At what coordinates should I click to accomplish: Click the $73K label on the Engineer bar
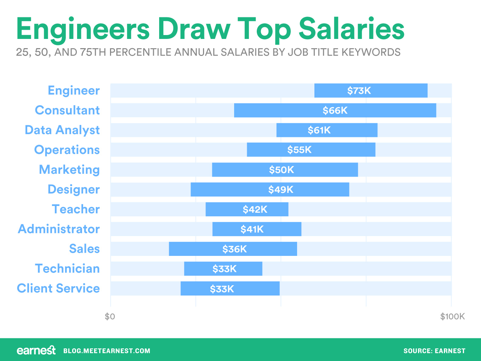click(x=359, y=91)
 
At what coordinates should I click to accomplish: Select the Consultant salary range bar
click(x=335, y=110)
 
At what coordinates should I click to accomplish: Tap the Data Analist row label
click(x=62, y=130)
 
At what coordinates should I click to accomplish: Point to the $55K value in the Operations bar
click(x=299, y=150)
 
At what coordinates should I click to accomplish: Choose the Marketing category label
click(x=69, y=170)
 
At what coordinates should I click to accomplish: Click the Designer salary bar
click(x=270, y=190)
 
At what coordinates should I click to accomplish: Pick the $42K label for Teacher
click(x=255, y=210)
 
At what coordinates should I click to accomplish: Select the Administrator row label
click(x=59, y=229)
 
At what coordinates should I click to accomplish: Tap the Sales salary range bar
click(x=233, y=249)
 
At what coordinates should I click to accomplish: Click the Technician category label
click(x=67, y=269)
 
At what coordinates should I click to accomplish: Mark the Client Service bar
click(x=230, y=288)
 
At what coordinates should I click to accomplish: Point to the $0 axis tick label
click(x=110, y=316)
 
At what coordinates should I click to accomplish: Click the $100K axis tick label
click(x=452, y=316)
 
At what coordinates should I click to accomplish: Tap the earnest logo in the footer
click(x=36, y=350)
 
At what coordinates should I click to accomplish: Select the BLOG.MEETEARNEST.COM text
click(x=107, y=351)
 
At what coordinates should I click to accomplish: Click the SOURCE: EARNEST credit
click(x=434, y=351)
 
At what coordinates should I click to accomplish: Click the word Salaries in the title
click(x=352, y=29)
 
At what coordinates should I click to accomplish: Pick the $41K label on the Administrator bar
click(x=252, y=229)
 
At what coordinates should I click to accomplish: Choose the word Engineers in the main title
click(x=83, y=30)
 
